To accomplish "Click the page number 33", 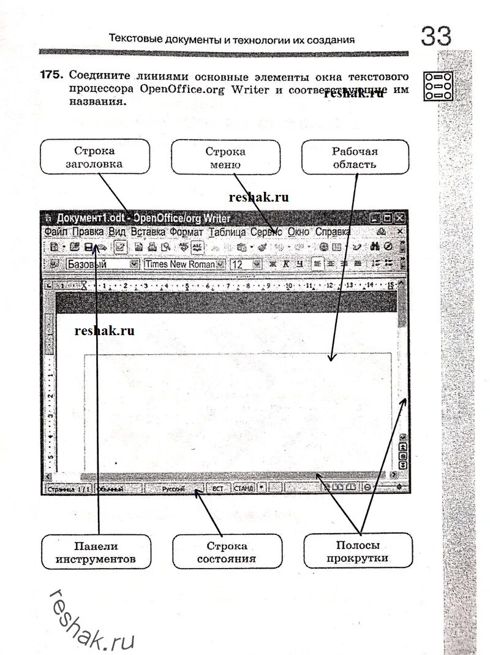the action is [435, 36].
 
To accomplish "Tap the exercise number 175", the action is [51, 76].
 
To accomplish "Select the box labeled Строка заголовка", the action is [94, 157].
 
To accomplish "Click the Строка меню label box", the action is [225, 157].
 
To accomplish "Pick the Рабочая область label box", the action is [355, 157].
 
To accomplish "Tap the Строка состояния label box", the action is [227, 552].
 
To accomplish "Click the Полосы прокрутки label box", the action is [358, 551].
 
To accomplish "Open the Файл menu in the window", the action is [56, 232].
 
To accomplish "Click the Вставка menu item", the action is [148, 232].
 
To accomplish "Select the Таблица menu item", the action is [227, 232].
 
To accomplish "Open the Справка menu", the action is [333, 232].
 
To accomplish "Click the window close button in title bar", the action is [399, 218].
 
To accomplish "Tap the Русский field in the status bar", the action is [174, 488].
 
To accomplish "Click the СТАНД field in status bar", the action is [243, 488].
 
